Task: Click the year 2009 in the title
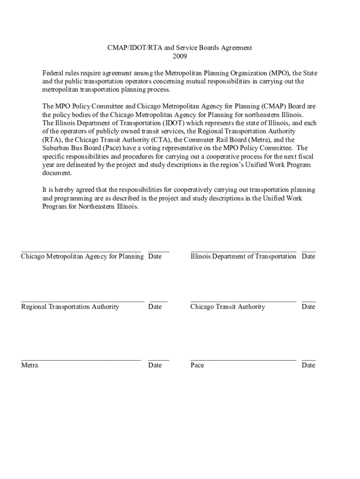(x=180, y=57)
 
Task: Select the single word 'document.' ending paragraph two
(x=57, y=173)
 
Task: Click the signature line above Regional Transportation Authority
(x=83, y=302)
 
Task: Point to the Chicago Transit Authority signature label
(x=228, y=307)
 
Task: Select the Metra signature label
(x=29, y=365)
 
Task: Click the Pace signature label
(x=197, y=365)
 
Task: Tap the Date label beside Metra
(x=155, y=365)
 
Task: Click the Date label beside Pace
(x=309, y=365)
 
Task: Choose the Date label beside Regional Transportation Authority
(x=155, y=307)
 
